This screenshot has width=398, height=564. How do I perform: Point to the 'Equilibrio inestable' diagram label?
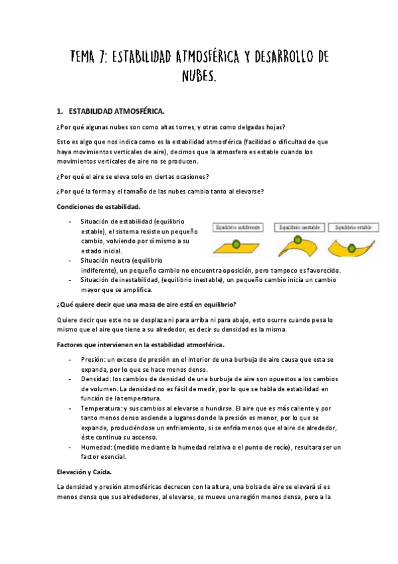point(297,227)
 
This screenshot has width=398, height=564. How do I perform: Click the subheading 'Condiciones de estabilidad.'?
point(98,206)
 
